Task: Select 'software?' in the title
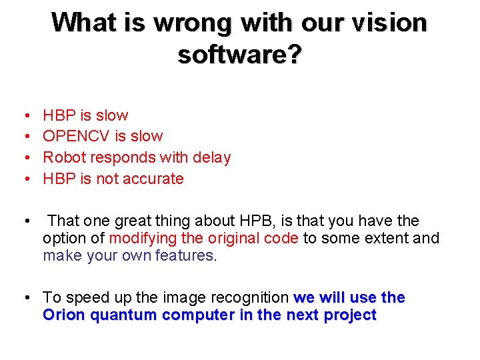(240, 55)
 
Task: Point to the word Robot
(64, 158)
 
